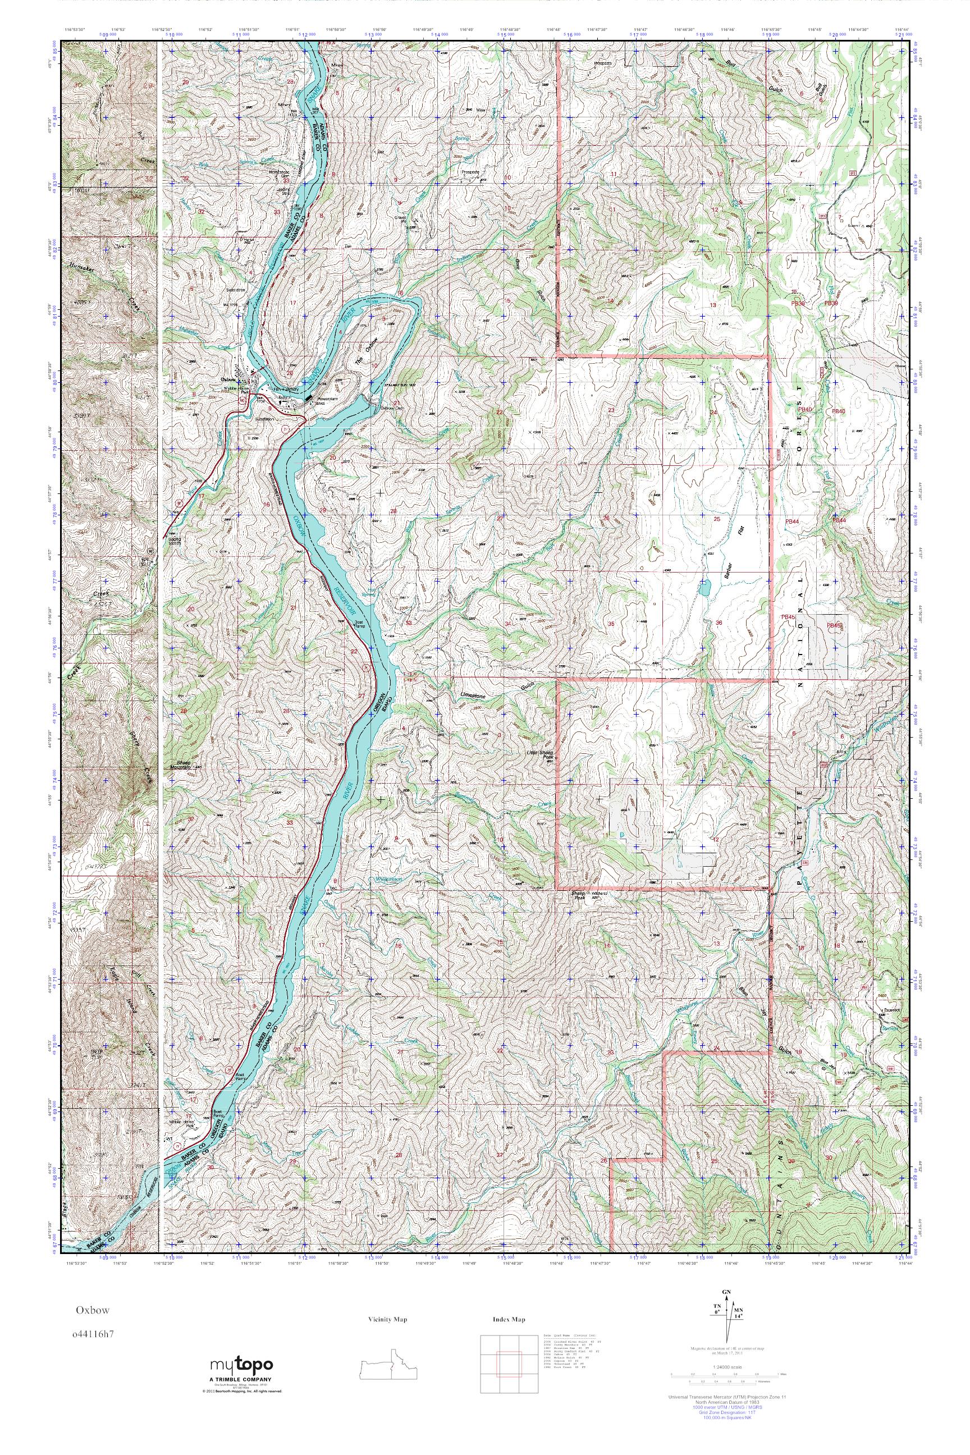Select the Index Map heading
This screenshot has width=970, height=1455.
point(509,1320)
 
